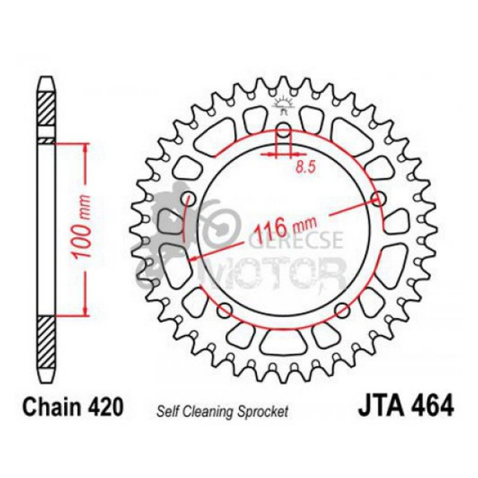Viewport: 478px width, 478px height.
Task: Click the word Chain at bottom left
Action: (x=49, y=408)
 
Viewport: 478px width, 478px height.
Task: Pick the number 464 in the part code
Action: (x=430, y=408)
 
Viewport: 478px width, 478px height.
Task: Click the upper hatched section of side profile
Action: (x=47, y=112)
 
